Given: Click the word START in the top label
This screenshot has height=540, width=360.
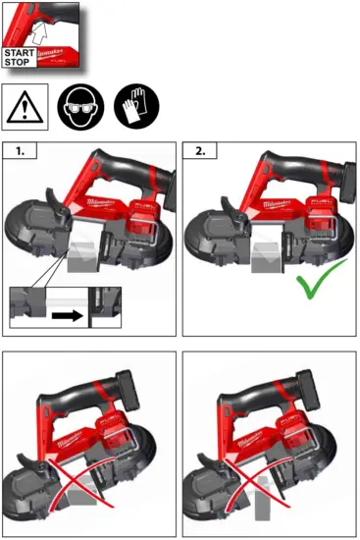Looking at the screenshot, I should (x=20, y=52).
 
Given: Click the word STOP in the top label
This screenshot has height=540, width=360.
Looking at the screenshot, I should (x=19, y=62).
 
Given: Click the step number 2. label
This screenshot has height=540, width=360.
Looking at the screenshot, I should (x=199, y=152).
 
